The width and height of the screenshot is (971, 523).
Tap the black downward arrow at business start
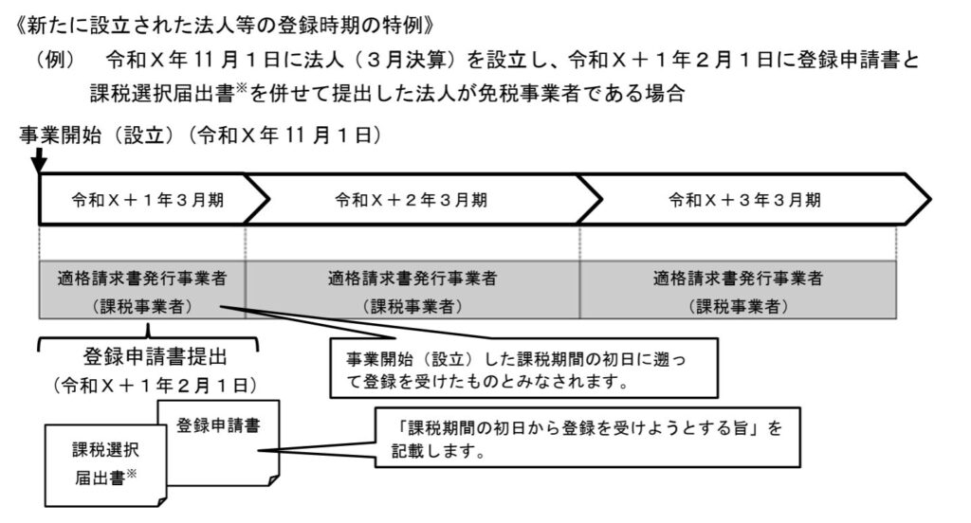(x=39, y=161)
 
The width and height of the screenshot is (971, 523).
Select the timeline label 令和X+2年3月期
(x=411, y=201)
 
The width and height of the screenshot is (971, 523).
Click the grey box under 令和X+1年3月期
(x=142, y=292)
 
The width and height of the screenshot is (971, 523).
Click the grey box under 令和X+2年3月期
(x=412, y=292)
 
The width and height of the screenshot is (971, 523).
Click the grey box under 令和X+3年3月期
(x=739, y=292)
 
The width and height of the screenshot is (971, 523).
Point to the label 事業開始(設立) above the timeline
(x=100, y=136)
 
